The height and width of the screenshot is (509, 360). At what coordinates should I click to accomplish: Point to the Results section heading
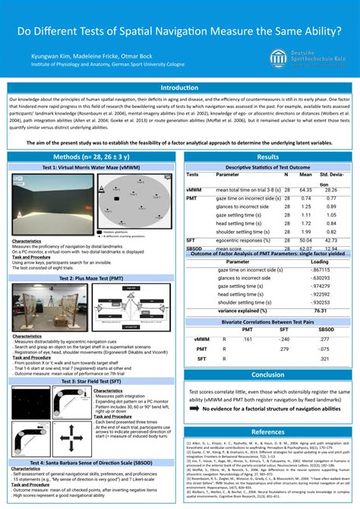click(x=267, y=156)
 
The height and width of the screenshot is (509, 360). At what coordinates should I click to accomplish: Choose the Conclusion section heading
click(x=267, y=375)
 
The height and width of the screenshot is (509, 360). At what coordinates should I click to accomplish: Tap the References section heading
click(x=267, y=431)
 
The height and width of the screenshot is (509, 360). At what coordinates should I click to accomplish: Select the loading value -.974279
click(x=321, y=286)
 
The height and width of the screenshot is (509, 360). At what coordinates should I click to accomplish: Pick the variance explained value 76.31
click(x=321, y=311)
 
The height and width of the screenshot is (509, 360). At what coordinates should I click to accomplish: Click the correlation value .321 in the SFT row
click(x=325, y=358)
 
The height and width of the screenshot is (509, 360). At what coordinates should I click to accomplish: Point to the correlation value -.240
click(x=283, y=339)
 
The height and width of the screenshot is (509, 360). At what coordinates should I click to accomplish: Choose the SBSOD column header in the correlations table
click(x=324, y=329)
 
